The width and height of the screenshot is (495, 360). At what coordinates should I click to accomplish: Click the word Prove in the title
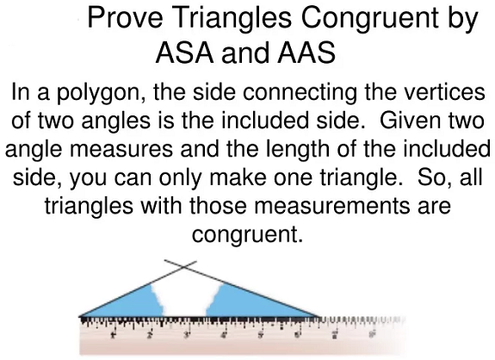tap(125, 17)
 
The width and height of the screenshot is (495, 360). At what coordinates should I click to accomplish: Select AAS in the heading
tap(306, 53)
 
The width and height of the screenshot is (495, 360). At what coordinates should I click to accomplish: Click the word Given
tap(409, 121)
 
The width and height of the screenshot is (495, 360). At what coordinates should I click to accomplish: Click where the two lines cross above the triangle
tap(183, 268)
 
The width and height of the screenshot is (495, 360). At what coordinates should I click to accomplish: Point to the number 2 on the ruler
tap(150, 334)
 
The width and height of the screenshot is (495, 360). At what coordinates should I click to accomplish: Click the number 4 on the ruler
tap(224, 334)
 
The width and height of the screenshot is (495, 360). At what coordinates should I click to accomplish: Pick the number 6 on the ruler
tap(297, 333)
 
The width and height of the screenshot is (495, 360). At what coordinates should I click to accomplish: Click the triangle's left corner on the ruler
tap(80, 316)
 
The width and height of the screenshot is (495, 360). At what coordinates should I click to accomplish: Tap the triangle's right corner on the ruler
tap(319, 316)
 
